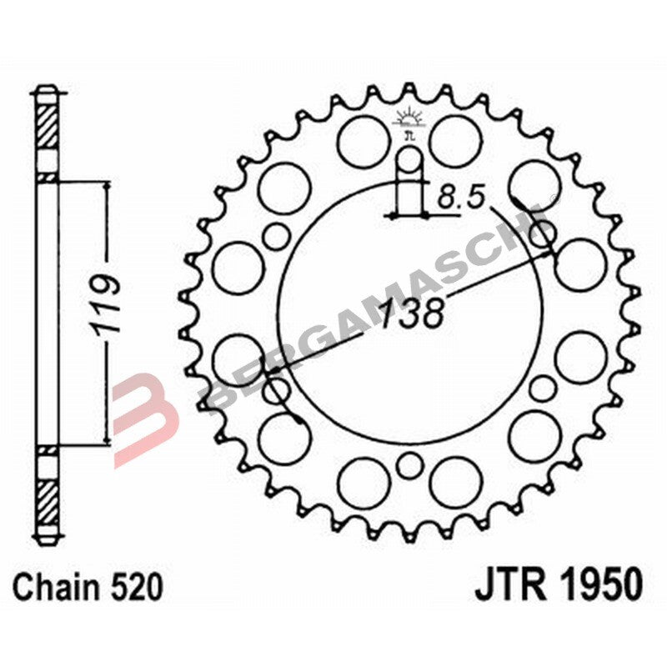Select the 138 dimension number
click(x=409, y=315)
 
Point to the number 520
click(x=136, y=587)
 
